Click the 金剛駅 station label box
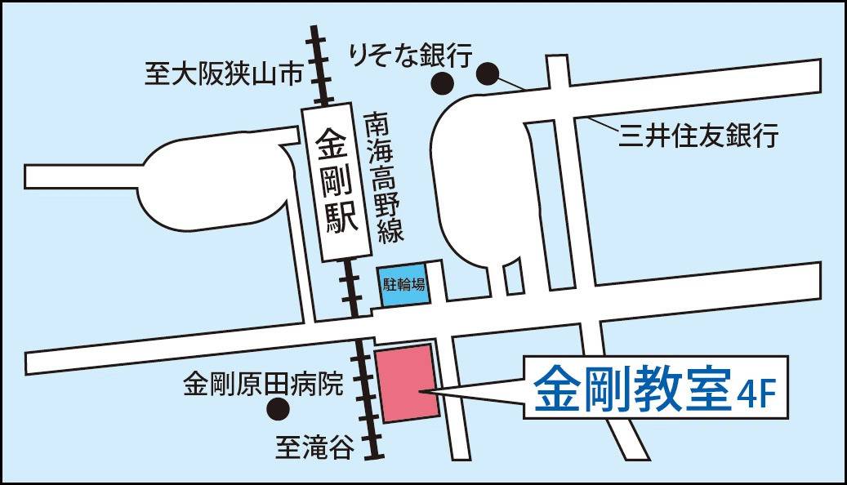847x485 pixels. click(x=334, y=185)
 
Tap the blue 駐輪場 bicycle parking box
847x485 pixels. click(x=404, y=285)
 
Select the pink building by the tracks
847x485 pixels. click(x=406, y=383)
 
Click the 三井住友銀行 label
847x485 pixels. click(x=698, y=134)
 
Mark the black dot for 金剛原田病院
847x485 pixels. click(x=279, y=407)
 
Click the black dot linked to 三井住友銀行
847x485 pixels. click(x=488, y=74)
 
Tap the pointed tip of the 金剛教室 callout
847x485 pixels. click(x=420, y=393)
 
